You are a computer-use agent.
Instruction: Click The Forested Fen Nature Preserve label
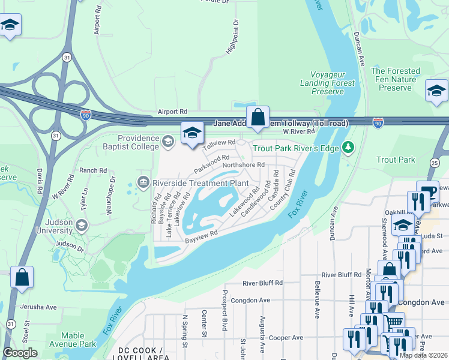pyautogui.click(x=395, y=79)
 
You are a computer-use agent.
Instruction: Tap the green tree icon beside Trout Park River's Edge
pyautogui.click(x=348, y=148)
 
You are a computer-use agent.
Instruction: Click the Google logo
pyautogui.click(x=20, y=353)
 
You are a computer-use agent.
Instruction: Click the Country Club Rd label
pyautogui.click(x=283, y=189)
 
